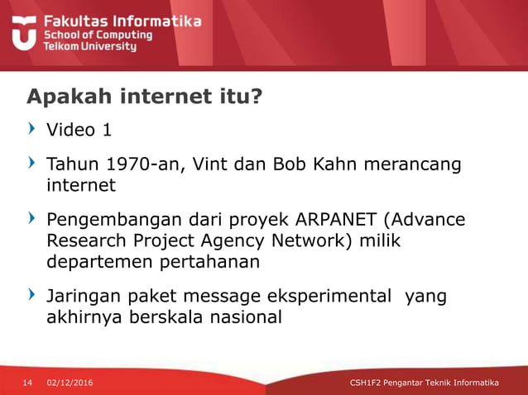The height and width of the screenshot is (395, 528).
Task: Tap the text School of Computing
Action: point(98,36)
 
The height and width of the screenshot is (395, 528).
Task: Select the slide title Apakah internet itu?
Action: point(145,98)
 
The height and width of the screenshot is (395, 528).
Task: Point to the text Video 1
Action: point(79,131)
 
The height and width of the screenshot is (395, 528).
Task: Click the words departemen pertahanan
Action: point(152,262)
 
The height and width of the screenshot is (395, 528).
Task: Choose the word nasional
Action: point(241,316)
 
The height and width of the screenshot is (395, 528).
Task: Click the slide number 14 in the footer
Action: point(26,383)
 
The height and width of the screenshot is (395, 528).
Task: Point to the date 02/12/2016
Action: point(70,383)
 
